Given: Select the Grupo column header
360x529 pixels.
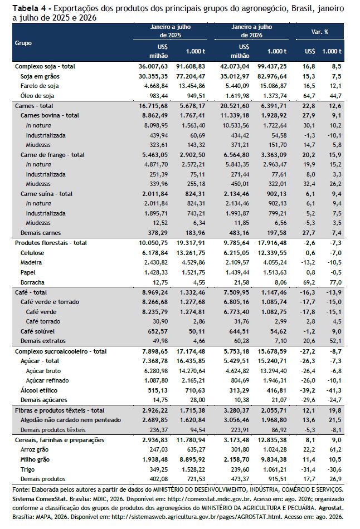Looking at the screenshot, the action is tap(23, 43).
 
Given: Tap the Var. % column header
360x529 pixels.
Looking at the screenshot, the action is tap(319, 32).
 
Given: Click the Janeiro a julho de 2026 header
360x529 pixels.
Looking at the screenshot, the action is tap(251, 31).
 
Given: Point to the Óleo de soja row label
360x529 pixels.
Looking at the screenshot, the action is tap(37, 96).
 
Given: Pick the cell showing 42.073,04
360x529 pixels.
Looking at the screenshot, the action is tap(235, 66).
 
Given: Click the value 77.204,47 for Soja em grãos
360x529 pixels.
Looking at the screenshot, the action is tap(191, 76).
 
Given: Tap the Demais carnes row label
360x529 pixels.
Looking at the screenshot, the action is tap(41, 233).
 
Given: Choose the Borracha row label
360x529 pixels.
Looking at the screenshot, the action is tap(32, 282).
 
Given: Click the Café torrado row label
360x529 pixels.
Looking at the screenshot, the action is tap(43, 321).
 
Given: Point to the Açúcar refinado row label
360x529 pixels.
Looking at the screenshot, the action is tap(47, 380).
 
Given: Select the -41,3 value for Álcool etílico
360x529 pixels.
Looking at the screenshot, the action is tap(334, 390).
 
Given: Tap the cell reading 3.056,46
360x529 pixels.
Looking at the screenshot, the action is tap(236, 420).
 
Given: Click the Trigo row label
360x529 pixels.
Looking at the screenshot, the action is tap(28, 469).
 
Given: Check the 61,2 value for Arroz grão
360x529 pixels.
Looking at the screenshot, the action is tap(335, 450).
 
